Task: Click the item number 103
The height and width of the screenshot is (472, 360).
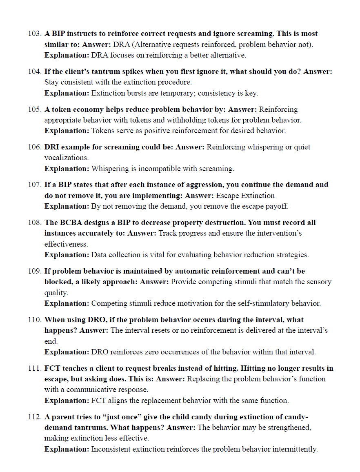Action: click(35, 33)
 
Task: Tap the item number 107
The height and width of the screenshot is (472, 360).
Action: click(35, 185)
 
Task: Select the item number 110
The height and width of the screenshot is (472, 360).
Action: click(35, 320)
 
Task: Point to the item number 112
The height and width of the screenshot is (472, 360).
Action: click(35, 417)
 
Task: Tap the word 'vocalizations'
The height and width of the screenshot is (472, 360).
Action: click(66, 158)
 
